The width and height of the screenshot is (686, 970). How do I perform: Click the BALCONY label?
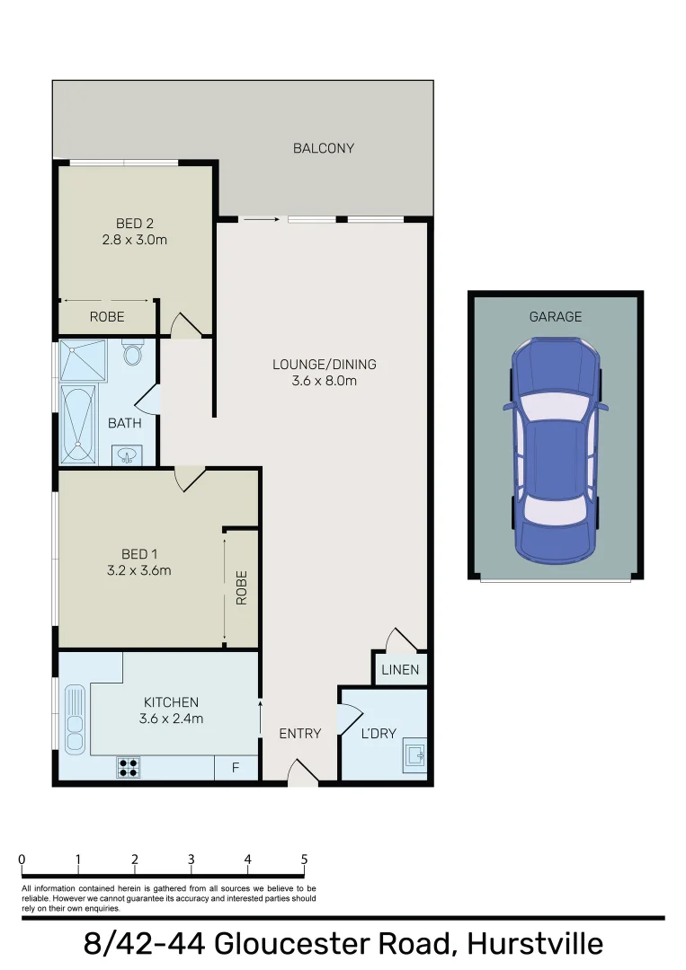click(x=324, y=148)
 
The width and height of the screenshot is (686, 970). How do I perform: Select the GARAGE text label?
click(x=555, y=316)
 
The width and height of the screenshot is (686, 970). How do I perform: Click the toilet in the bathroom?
click(x=133, y=353)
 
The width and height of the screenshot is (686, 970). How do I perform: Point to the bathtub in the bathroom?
click(x=78, y=425)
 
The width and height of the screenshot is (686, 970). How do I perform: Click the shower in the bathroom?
click(x=83, y=361)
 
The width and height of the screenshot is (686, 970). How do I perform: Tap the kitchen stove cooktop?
click(x=129, y=767)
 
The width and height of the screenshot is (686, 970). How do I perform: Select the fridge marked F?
click(x=236, y=768)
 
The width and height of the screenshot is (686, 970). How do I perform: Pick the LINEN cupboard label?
click(x=400, y=670)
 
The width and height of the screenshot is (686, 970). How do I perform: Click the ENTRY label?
click(x=299, y=734)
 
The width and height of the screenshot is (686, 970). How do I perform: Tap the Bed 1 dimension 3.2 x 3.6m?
click(x=139, y=569)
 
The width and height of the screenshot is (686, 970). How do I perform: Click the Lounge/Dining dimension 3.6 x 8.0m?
click(x=324, y=381)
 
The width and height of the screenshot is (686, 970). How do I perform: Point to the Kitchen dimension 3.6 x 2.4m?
click(x=171, y=718)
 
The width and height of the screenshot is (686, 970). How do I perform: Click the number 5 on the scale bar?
click(x=304, y=860)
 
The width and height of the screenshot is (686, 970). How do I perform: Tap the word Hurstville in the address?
click(x=534, y=945)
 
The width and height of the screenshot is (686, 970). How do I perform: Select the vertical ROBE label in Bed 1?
click(x=241, y=587)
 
